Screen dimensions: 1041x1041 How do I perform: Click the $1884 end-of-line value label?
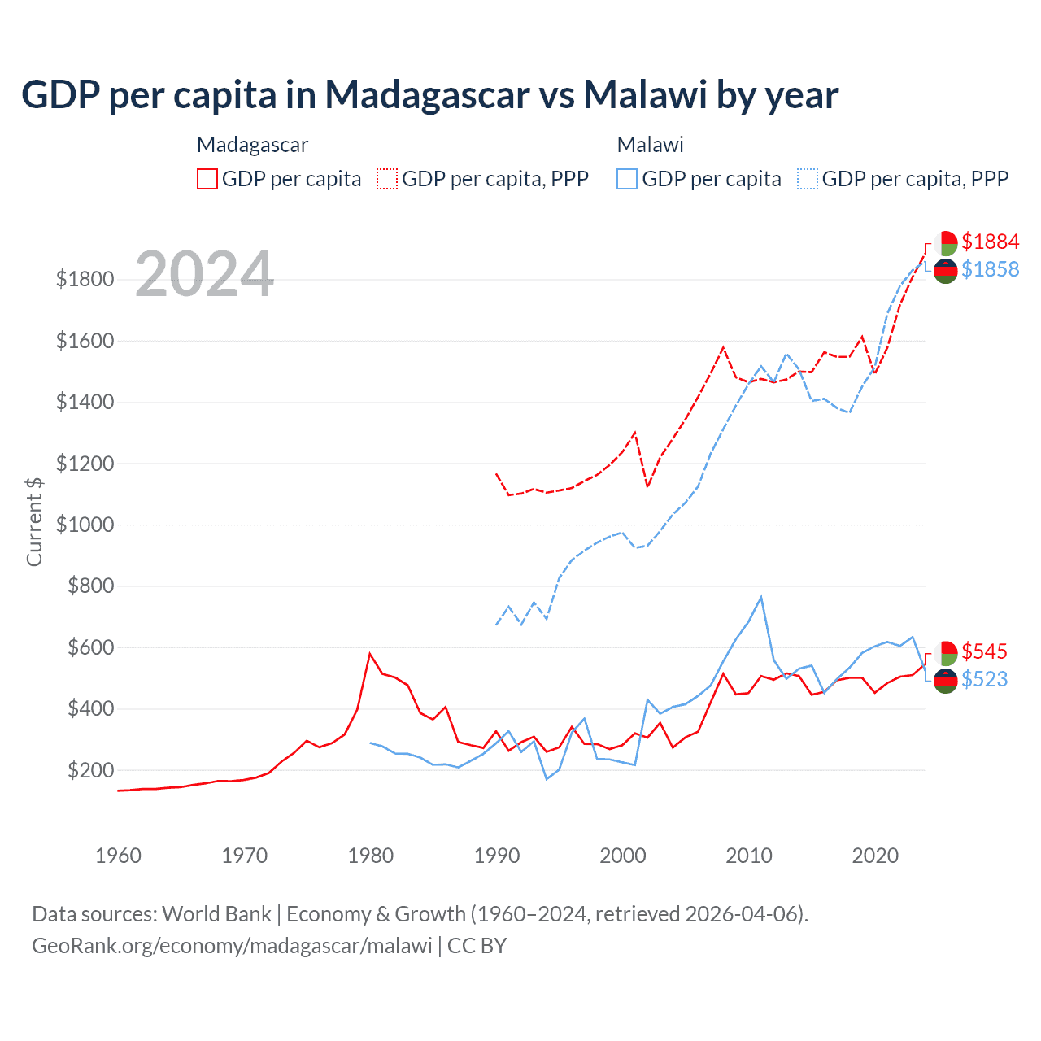coord(990,242)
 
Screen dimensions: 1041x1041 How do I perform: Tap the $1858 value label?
coord(990,269)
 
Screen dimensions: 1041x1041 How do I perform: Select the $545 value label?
coord(984,651)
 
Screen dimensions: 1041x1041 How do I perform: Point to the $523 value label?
coord(984,679)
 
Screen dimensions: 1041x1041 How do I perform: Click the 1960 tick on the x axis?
coord(119,856)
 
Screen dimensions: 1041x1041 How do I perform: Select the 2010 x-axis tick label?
coord(749,856)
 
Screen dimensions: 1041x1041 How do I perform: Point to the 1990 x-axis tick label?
coord(497,856)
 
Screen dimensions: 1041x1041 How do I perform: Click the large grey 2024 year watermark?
coord(204,274)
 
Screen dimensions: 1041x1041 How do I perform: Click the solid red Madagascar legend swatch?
coord(207,179)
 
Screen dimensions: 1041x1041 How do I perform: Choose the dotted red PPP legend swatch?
coord(387,179)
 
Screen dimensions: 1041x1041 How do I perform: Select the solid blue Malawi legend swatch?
coord(627,179)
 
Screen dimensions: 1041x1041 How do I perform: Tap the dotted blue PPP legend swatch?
coord(808,179)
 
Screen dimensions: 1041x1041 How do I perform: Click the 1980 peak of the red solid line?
coord(370,653)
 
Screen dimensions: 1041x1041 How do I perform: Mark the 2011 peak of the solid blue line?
coord(761,597)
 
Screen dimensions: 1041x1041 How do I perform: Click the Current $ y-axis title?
coord(34,521)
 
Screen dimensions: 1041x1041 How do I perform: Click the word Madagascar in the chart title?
coord(428,95)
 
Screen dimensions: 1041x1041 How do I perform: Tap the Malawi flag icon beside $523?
coord(946,681)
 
